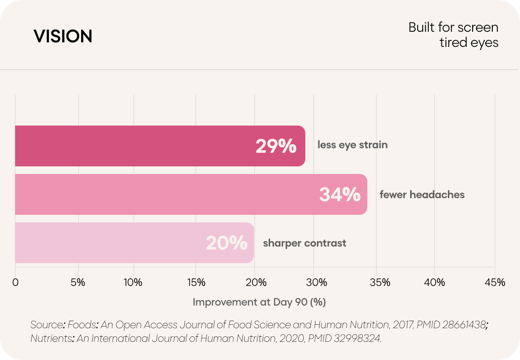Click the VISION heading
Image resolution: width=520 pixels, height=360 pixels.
point(62,36)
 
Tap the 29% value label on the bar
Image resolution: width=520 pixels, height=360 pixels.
point(276,146)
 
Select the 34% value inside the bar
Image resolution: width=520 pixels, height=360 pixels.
point(340,195)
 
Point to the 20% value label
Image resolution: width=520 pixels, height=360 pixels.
point(227,243)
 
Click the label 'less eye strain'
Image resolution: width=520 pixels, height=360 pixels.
point(353,145)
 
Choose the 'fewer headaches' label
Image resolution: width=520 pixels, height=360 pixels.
point(422,195)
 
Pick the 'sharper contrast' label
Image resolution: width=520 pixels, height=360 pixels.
point(304,243)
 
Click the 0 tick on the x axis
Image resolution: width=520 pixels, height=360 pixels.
point(15,282)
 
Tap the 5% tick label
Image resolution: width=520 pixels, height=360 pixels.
point(78,282)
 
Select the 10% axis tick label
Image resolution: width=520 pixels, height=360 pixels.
point(133,282)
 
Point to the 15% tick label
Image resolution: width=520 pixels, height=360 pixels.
point(196,282)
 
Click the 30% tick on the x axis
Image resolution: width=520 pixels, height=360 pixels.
point(317,282)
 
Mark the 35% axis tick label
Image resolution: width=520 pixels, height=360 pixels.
point(380,282)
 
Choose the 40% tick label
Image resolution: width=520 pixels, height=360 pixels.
point(435,282)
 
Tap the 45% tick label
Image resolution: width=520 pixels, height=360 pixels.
point(495,282)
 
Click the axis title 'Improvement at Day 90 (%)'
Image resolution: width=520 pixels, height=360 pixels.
point(259,302)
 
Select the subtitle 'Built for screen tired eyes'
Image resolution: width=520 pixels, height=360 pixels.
point(453,35)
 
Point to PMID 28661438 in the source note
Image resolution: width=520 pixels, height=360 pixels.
point(451,325)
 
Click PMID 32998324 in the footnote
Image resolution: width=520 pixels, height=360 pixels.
point(344,338)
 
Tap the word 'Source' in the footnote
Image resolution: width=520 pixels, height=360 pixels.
point(46,325)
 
